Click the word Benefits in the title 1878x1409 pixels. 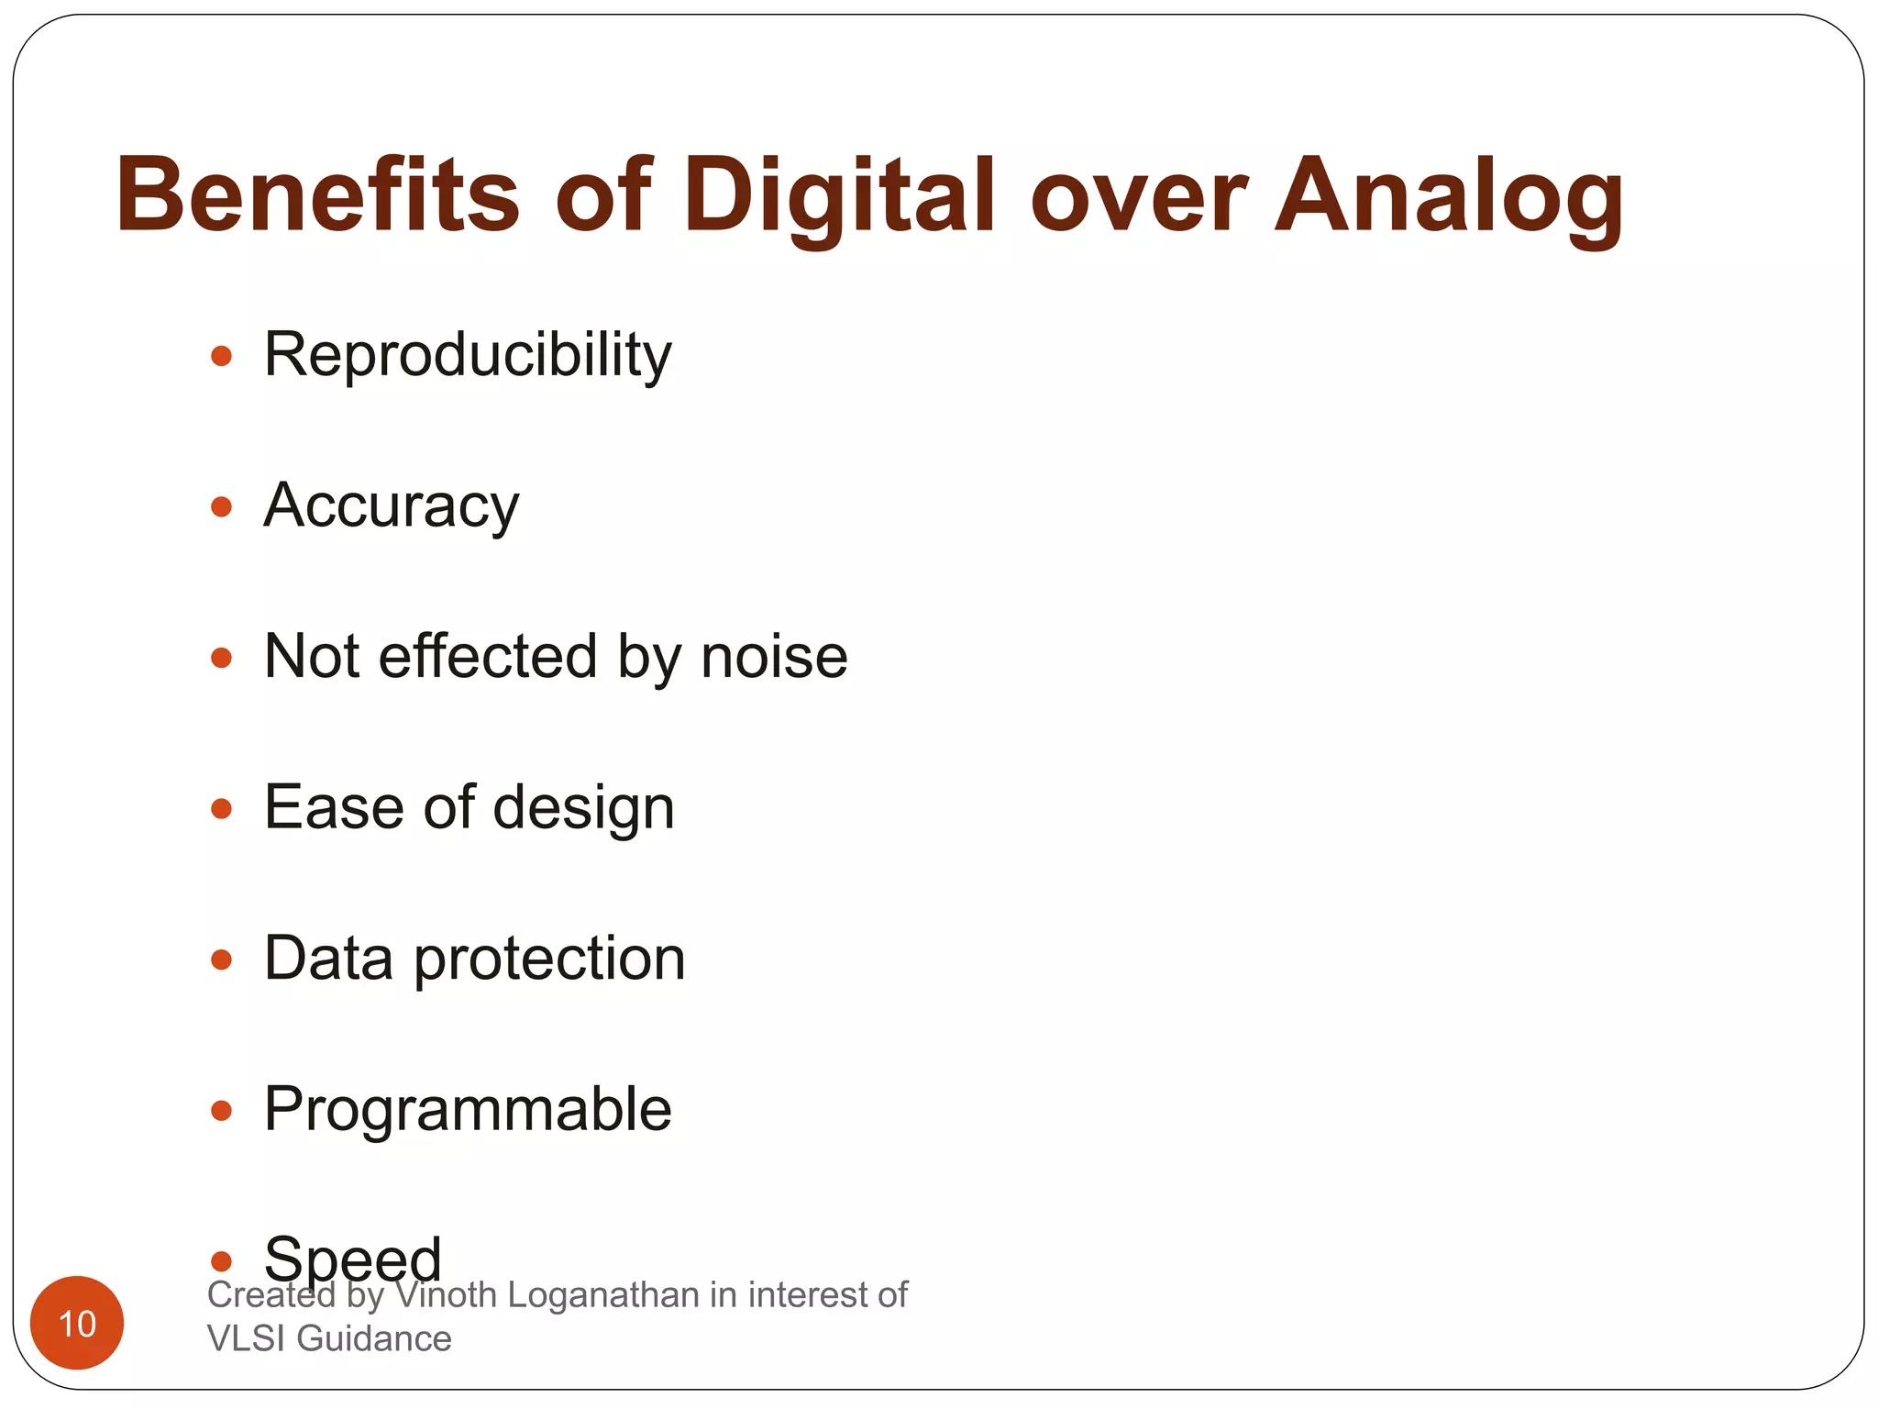pos(317,195)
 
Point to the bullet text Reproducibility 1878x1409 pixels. pos(468,354)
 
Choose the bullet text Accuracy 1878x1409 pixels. pos(391,505)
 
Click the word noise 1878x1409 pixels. pos(774,657)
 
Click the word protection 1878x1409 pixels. pos(549,960)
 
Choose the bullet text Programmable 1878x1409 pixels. pos(468,1110)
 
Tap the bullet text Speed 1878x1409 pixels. pos(353,1259)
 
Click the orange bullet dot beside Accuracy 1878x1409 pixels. pos(221,506)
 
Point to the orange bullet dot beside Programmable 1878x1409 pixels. pos(221,1111)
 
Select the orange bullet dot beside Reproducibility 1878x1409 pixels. pos(221,355)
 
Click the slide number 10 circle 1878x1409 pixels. pos(77,1323)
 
